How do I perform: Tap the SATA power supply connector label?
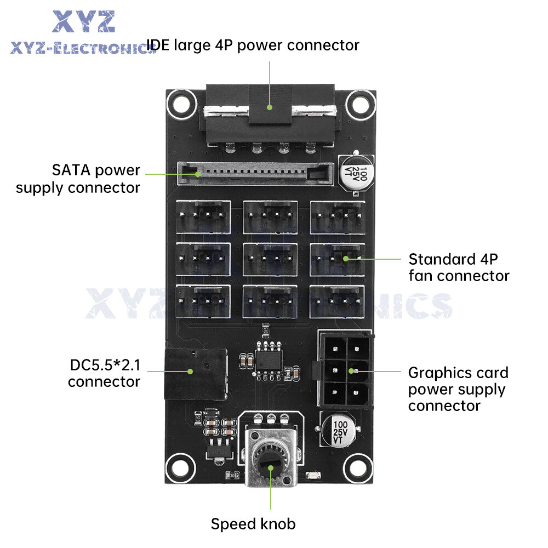pos(78,179)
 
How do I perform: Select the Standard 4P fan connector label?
pos(459,267)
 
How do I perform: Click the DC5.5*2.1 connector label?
pos(104,373)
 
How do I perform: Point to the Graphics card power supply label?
pos(458,389)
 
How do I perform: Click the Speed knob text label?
pos(253,524)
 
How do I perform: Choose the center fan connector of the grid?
pos(270,259)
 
